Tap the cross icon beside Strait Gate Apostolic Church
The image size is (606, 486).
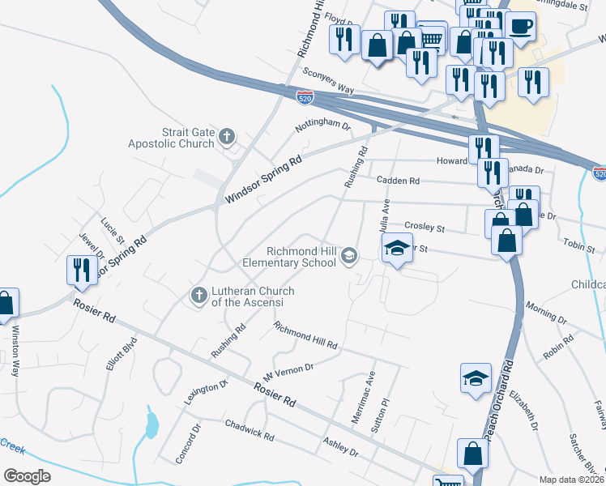coord(228,136)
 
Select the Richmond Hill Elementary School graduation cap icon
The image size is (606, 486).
coord(349,256)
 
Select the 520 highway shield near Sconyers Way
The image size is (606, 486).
coord(305,97)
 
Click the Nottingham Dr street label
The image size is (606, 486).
coord(322,127)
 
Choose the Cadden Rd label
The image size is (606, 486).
coord(398,181)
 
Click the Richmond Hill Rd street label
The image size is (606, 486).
coord(305,335)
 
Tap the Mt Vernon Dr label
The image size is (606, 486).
coord(288,373)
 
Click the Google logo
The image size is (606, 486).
coord(27,475)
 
